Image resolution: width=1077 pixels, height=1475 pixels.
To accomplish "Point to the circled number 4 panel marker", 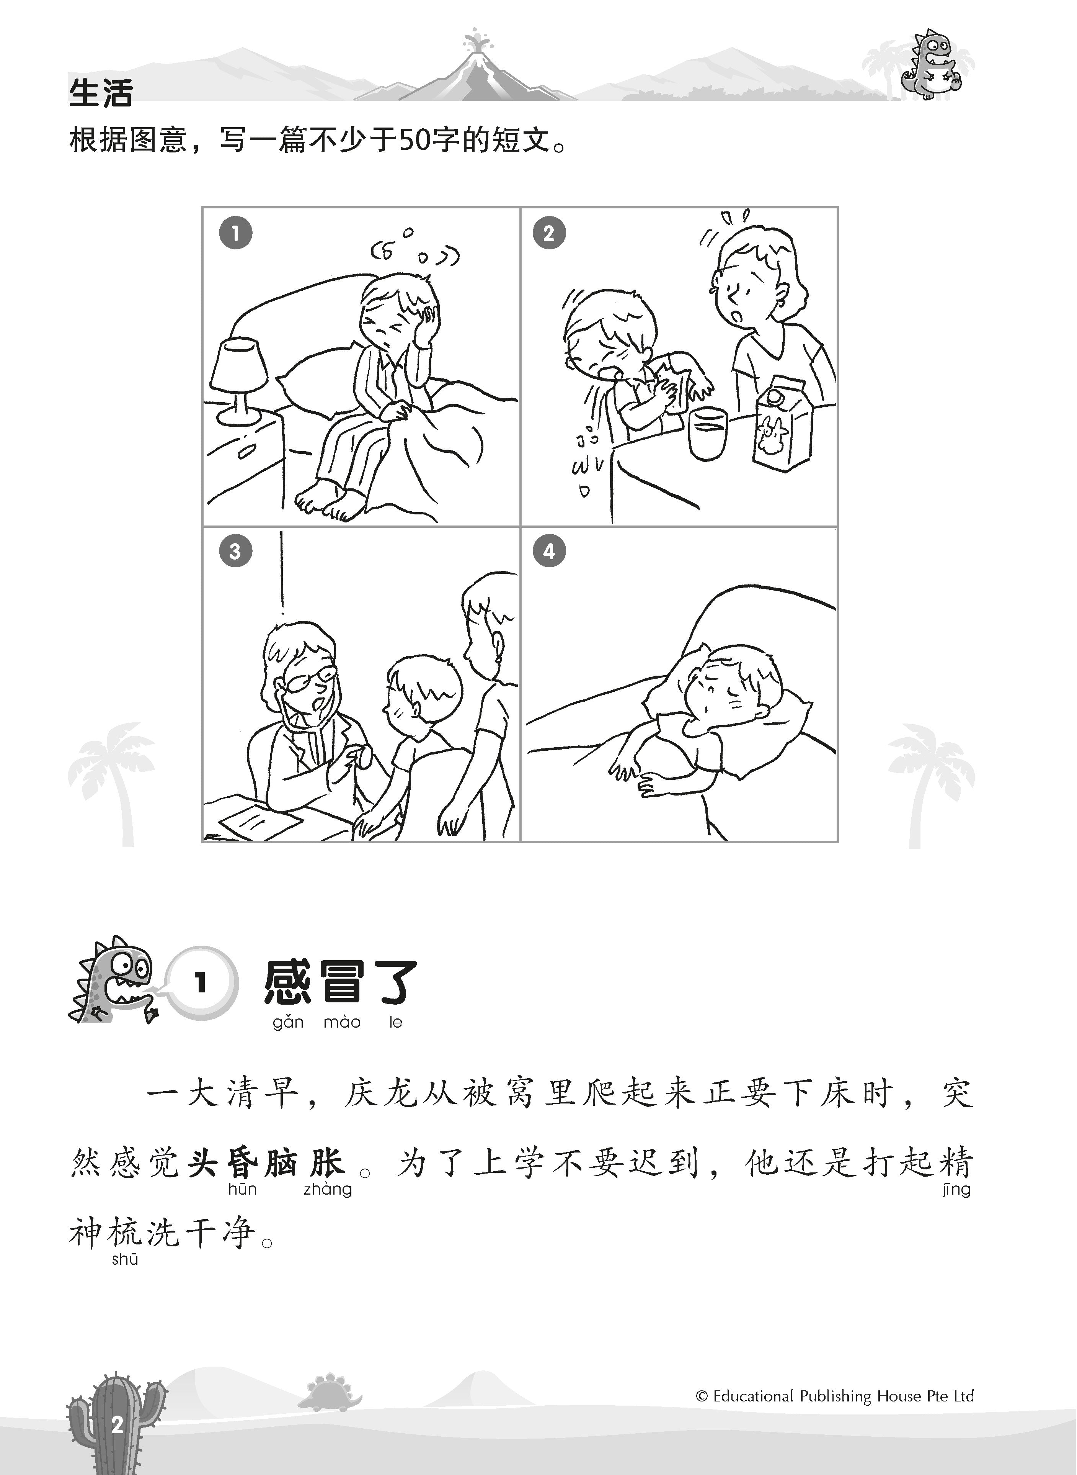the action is tap(549, 551).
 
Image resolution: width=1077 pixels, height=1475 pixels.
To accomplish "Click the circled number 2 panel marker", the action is tap(549, 233).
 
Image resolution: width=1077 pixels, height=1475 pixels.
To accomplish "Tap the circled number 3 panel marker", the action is tap(235, 551).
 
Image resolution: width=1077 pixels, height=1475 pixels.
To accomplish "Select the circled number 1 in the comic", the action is tap(235, 233).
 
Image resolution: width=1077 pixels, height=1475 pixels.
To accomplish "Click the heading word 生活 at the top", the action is tap(101, 93).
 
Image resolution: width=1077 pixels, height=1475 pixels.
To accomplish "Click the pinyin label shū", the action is tap(124, 1259).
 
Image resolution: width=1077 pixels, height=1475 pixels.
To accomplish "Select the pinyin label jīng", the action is tap(956, 1189).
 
